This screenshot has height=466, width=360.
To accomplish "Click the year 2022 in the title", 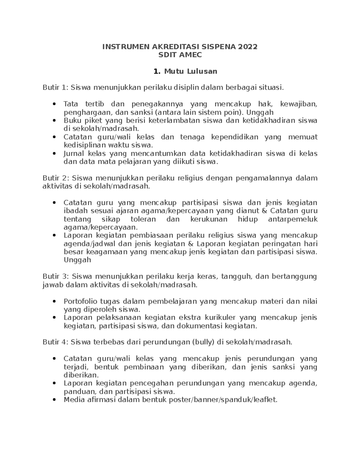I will point(247,47).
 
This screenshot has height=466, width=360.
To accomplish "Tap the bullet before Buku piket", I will point(54,121).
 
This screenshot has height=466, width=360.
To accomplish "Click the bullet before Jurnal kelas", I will point(54,153).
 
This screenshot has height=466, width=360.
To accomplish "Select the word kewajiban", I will point(298,104).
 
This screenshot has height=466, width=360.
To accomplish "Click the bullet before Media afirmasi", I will point(54,400).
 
